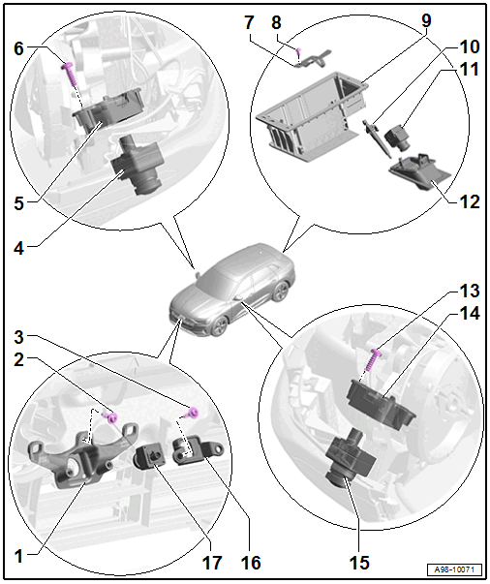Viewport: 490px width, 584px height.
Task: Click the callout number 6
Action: coord(19,48)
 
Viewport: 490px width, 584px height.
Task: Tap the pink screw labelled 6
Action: coord(71,75)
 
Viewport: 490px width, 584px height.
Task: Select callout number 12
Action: coord(469,201)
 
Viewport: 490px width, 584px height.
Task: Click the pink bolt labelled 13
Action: coord(374,359)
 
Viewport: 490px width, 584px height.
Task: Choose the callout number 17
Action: coord(213,563)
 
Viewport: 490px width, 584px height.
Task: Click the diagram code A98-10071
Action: coord(454,569)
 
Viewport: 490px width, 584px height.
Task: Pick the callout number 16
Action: coord(251,563)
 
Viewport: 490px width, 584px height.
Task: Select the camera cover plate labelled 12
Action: coord(419,171)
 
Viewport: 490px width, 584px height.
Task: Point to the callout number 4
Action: coord(19,249)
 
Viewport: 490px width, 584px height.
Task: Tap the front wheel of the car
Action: coord(219,325)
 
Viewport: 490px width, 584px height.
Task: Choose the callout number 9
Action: coord(426,20)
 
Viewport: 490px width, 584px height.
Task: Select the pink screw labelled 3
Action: coord(193,413)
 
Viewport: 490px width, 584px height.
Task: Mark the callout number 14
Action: coord(469,314)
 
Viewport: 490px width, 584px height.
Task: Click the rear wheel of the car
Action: coord(282,292)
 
